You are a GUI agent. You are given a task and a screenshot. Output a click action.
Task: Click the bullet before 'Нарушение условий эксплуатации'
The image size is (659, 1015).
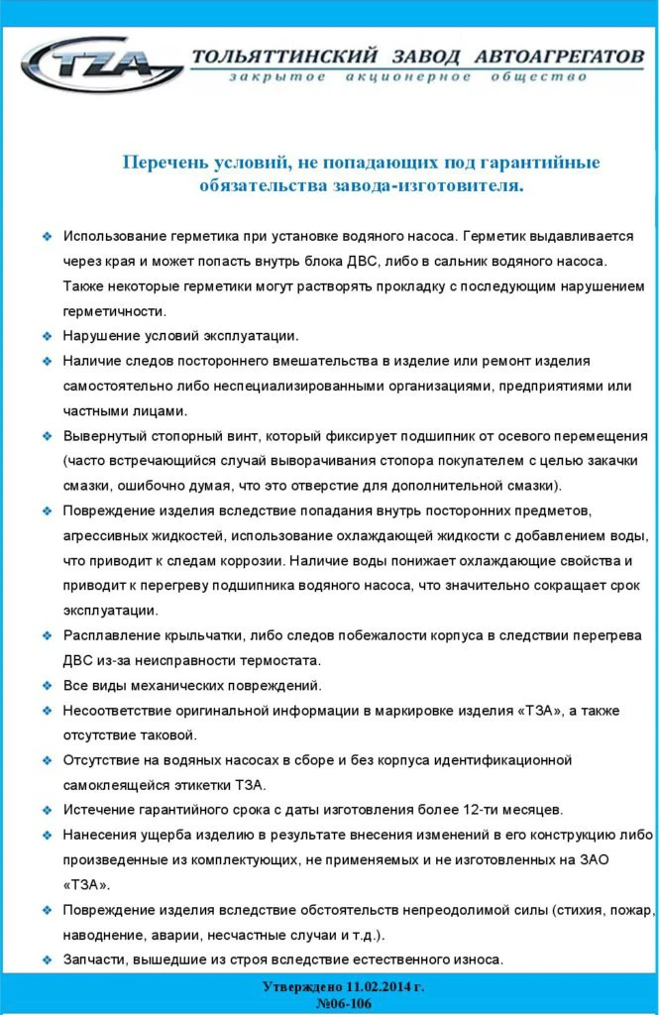click(48, 335)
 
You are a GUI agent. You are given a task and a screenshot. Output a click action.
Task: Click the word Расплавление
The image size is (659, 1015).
click(109, 634)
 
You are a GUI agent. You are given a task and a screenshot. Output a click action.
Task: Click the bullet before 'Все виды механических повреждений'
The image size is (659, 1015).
click(48, 685)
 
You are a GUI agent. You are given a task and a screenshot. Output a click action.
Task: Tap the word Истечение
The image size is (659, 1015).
click(100, 809)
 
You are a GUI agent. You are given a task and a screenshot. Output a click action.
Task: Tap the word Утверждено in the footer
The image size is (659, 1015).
click(302, 987)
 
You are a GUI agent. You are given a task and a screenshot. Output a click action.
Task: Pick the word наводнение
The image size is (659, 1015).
click(106, 935)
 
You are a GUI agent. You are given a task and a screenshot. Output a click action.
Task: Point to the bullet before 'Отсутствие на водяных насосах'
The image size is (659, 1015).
click(48, 760)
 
